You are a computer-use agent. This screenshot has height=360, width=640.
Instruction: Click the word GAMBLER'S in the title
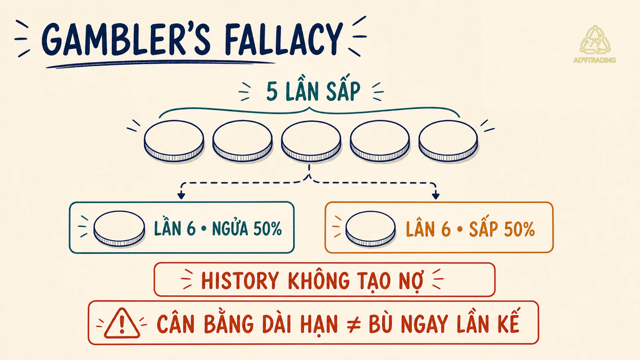tap(126, 40)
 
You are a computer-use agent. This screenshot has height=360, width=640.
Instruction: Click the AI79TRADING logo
tap(595, 44)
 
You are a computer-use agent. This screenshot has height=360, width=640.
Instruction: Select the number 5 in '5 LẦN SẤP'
tap(272, 92)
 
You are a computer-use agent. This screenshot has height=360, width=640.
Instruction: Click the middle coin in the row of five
tap(311, 141)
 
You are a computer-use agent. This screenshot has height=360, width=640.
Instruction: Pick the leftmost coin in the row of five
tap(174, 141)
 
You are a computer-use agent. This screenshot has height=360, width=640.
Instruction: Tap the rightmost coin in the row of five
tap(448, 141)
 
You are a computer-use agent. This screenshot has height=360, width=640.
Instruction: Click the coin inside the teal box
tap(120, 228)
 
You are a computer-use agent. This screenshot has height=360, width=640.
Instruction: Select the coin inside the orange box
tap(371, 228)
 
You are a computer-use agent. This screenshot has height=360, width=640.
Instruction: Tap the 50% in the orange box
tap(520, 229)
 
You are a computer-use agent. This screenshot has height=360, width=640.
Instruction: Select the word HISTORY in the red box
tap(240, 280)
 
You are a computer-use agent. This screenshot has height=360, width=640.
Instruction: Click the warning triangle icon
tap(122, 323)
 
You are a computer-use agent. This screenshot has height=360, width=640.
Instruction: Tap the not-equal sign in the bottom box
tap(354, 324)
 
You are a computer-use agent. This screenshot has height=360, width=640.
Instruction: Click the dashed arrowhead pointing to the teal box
tap(181, 196)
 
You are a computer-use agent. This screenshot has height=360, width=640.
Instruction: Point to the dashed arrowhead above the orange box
tap(436, 196)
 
